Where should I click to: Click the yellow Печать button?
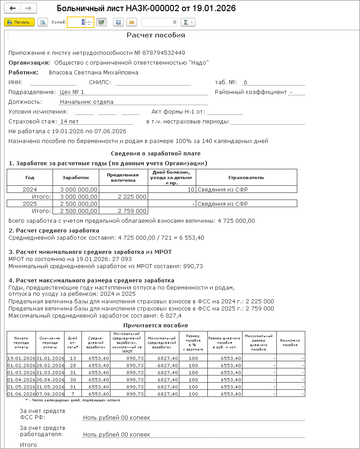(19, 22)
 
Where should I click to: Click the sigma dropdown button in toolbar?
(189, 22)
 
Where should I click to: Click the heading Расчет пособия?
(156, 35)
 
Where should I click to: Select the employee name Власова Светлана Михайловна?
(93, 72)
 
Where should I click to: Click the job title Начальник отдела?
(86, 102)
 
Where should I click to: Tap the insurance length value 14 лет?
(69, 121)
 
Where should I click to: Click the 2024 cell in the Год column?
(30, 189)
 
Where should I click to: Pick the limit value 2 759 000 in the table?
(132, 211)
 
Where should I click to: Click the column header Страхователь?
(246, 177)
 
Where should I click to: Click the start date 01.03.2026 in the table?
(21, 372)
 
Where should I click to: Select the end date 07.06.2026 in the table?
(50, 394)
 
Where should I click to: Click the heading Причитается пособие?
(156, 326)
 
